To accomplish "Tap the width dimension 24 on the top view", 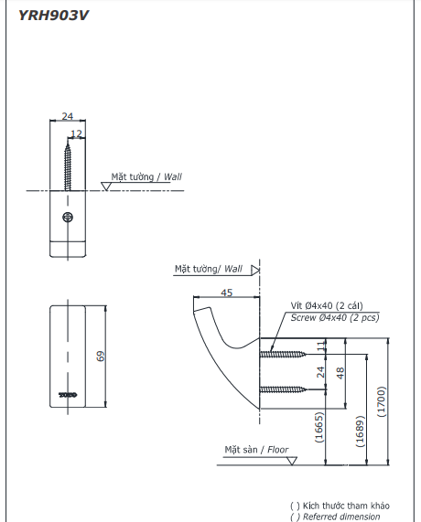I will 68,117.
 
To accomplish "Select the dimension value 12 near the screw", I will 77,133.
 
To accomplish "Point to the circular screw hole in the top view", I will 68,217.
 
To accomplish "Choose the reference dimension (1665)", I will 319,426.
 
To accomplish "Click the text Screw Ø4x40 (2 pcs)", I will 335,318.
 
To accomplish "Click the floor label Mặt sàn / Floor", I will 256,450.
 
